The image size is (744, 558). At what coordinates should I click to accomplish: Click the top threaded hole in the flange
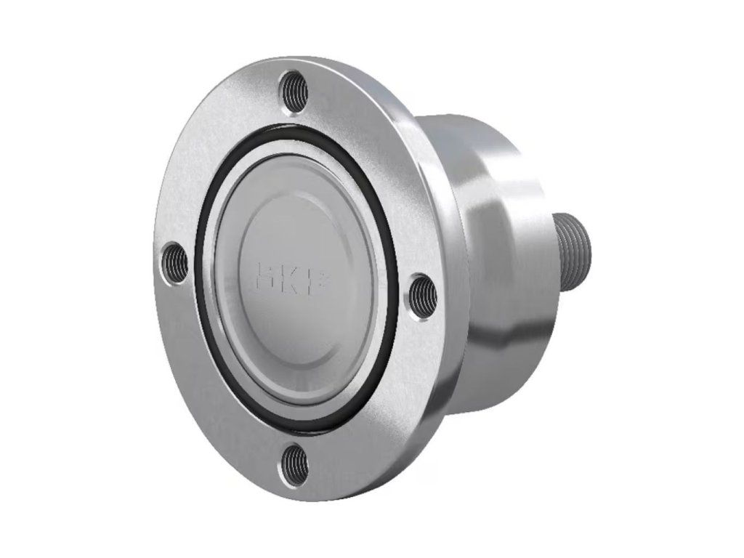[294, 91]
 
